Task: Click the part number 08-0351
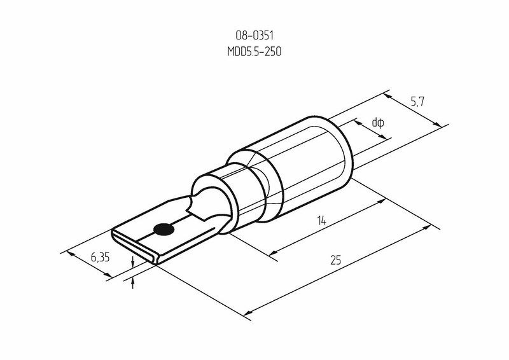click(x=254, y=36)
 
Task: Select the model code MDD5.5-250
click(x=254, y=52)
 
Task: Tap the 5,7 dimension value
click(x=417, y=102)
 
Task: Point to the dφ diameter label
click(x=378, y=123)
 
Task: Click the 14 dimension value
click(x=321, y=221)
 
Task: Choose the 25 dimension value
click(x=336, y=260)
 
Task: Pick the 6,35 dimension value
click(x=100, y=258)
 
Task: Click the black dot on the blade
click(x=164, y=230)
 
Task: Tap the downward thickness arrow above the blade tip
click(x=133, y=262)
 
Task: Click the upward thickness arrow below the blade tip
click(x=133, y=283)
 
